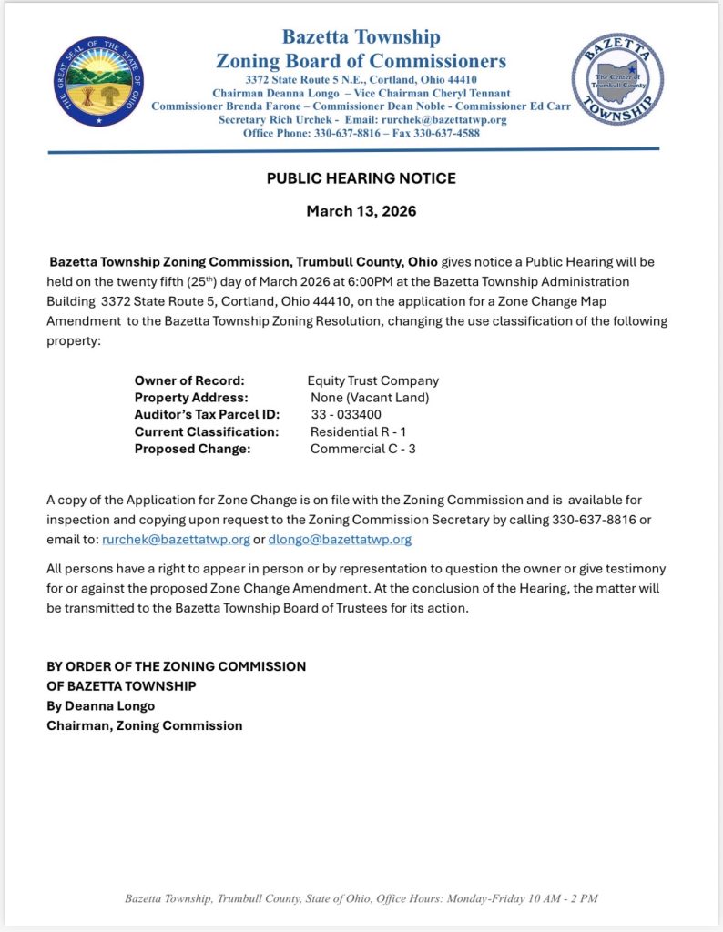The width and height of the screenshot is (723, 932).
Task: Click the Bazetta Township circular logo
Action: coord(617,80)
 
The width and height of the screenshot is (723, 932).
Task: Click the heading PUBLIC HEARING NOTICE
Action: coord(361,178)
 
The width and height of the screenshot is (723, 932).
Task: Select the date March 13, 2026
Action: coord(361,211)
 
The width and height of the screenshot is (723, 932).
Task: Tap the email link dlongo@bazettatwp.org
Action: coord(340,539)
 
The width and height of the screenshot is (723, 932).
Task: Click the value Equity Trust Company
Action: coord(373,380)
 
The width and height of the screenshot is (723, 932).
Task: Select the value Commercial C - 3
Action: coord(363,449)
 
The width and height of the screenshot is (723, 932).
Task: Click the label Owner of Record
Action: coord(189,380)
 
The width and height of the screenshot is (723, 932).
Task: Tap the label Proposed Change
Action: coord(192,449)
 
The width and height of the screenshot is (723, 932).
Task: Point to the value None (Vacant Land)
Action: coord(370,398)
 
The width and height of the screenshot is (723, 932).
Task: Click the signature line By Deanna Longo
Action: coord(101,705)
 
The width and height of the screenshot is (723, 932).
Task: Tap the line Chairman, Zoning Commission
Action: coord(145,725)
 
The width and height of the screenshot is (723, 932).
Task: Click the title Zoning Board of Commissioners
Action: coord(361,61)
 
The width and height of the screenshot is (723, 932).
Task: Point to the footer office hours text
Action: coord(361,898)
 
